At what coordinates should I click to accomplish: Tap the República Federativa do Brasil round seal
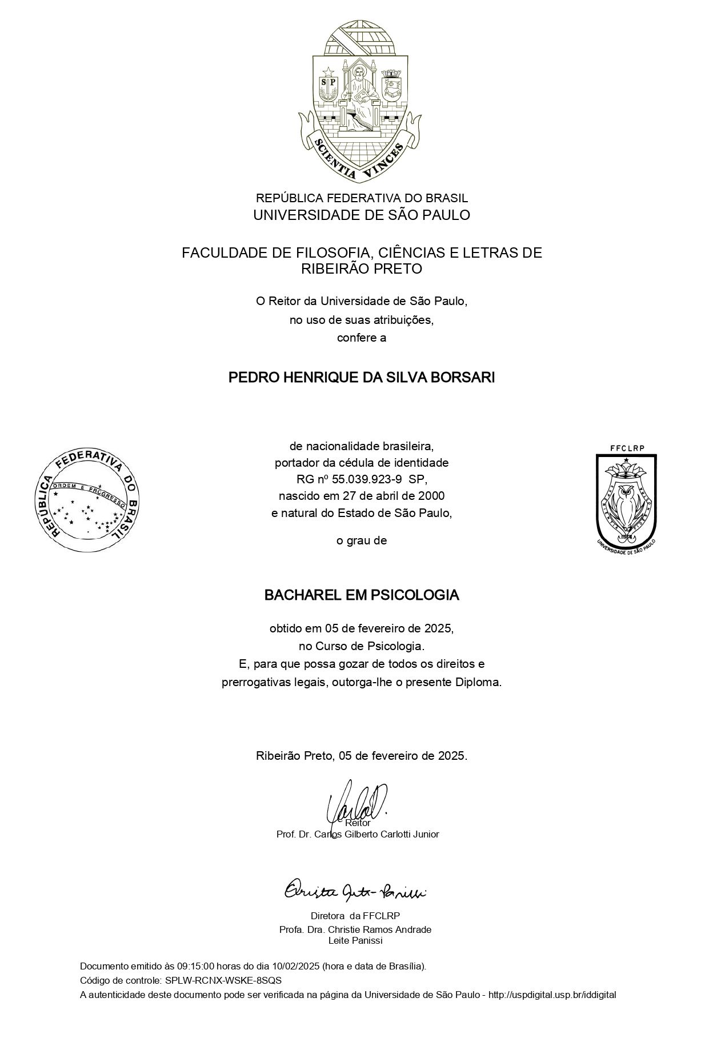(x=88, y=500)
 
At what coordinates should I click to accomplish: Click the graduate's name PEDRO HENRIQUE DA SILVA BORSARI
(x=362, y=378)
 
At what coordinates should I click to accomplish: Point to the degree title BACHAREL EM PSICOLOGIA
(x=362, y=595)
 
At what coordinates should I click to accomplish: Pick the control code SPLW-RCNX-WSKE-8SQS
(x=223, y=980)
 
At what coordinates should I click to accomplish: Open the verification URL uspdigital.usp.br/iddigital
(x=552, y=995)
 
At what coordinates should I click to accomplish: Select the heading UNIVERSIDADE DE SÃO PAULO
(x=362, y=215)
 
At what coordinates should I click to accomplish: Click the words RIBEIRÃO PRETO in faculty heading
(x=362, y=268)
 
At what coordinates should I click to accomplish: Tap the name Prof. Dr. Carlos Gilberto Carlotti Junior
(x=358, y=835)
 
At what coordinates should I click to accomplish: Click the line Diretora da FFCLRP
(x=355, y=915)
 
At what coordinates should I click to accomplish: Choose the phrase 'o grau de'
(x=362, y=540)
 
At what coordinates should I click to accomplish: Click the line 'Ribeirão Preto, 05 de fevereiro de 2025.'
(x=362, y=756)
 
